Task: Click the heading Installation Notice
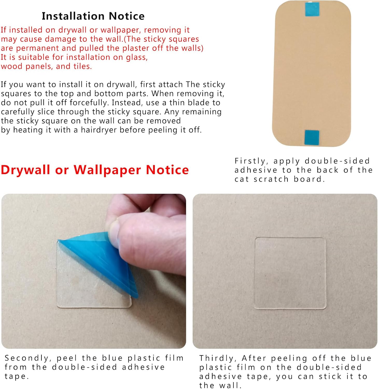(93, 16)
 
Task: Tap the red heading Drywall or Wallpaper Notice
(95, 170)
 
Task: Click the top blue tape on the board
(312, 9)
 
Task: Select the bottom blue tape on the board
(312, 137)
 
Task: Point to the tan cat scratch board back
(312, 74)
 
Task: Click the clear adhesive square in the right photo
(290, 273)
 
